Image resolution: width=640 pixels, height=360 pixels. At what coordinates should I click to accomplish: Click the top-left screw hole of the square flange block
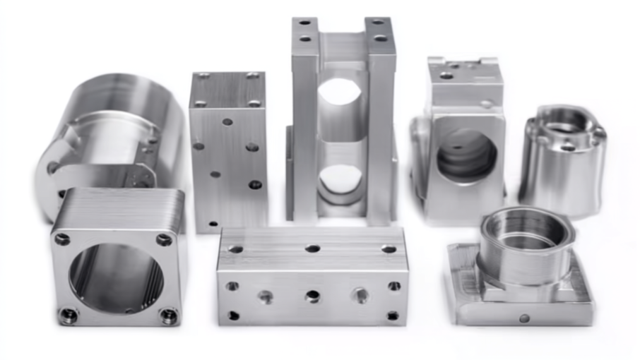click(63, 239)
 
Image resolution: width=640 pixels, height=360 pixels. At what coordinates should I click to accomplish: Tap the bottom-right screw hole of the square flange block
click(169, 316)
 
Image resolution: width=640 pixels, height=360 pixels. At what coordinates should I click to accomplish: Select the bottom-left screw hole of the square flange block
click(68, 315)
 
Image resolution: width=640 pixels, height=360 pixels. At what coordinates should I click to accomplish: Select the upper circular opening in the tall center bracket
click(341, 92)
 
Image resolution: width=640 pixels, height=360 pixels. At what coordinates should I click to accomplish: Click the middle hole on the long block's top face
click(312, 248)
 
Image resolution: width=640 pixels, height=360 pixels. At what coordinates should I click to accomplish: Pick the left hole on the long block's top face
click(236, 248)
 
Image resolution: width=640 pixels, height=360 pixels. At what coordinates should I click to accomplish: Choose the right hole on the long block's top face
click(388, 248)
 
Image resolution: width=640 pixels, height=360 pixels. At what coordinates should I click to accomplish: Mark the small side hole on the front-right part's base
click(524, 318)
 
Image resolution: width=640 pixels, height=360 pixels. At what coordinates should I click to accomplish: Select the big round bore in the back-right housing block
click(466, 155)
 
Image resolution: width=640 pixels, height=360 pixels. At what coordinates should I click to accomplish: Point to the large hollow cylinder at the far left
click(106, 134)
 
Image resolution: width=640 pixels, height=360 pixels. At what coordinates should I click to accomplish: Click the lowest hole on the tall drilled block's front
click(213, 224)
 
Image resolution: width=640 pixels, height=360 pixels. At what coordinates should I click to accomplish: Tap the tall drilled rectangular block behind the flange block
click(228, 148)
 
